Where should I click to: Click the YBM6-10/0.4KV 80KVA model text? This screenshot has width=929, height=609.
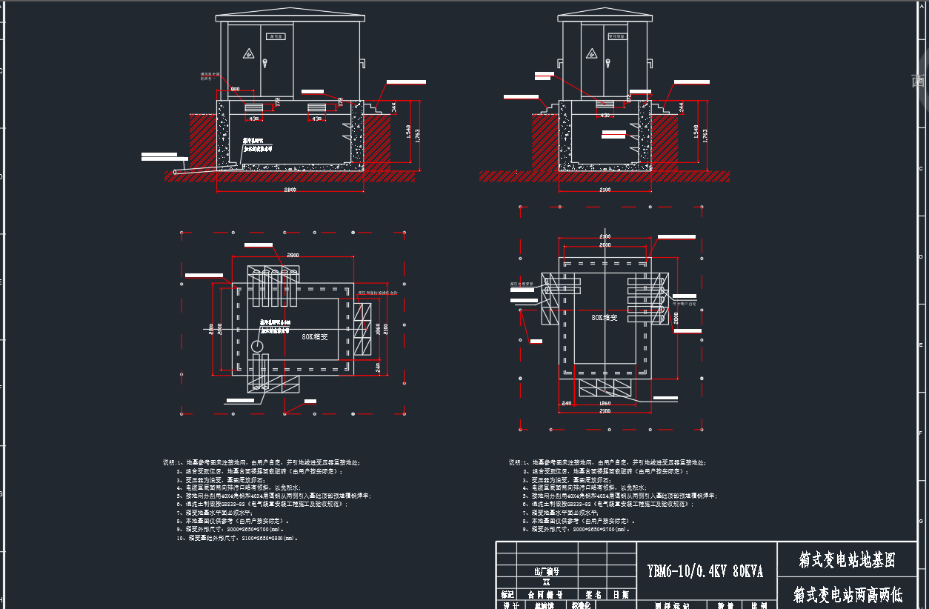click(x=705, y=571)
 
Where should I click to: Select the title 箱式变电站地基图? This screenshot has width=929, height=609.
click(x=847, y=561)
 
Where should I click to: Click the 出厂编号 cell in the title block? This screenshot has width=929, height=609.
click(x=547, y=571)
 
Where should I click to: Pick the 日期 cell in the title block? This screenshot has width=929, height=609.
click(x=621, y=594)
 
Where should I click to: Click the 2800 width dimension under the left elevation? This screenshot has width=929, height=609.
click(x=290, y=190)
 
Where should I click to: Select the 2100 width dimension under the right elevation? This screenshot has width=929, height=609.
click(x=605, y=190)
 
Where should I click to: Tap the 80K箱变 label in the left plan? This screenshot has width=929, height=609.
click(x=314, y=336)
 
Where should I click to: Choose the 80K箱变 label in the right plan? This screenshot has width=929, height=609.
click(x=605, y=317)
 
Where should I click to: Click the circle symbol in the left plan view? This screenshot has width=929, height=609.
click(x=256, y=347)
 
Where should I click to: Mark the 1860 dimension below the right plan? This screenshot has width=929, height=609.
click(x=605, y=404)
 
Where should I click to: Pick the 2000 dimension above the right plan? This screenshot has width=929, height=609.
click(x=605, y=244)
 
